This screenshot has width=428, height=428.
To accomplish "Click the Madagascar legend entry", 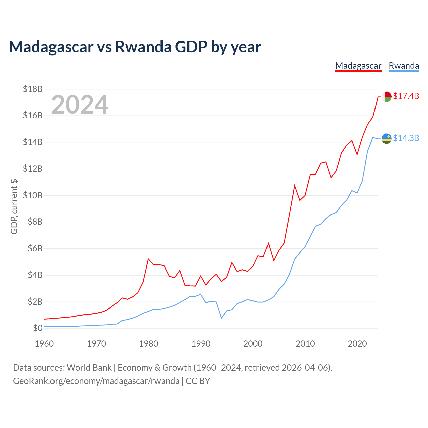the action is pos(358,66).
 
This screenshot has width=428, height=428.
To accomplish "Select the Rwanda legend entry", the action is pos(404,66).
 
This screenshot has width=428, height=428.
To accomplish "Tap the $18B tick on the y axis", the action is pos(33,89).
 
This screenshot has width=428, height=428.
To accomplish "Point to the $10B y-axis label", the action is pos(33,195).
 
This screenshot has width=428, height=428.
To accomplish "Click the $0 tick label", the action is pos(38,328).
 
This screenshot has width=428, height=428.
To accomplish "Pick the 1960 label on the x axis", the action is pos(44,344).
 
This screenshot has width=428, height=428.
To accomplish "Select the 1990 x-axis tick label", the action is pos(201,344).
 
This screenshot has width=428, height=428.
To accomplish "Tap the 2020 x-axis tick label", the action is pos(357,344).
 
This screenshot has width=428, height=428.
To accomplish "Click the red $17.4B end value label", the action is pos(406,96).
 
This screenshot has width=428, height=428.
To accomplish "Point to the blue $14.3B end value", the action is pos(406,138).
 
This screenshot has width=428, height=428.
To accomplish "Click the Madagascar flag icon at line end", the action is pos(386,97).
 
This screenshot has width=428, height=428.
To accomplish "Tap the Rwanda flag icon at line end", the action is pos(386,139).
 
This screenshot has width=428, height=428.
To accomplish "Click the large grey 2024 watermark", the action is pos(80,104).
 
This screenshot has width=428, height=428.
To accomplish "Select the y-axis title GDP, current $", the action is pos(14,207).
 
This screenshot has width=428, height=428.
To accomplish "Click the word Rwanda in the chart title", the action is pos(143,47).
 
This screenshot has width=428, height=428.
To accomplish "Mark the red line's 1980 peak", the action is pos(148,259).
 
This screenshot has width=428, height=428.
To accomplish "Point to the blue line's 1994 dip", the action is pos(221,318).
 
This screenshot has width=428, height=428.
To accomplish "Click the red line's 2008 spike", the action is pos(295,186).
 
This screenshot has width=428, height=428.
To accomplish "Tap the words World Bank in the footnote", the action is pos(89,368).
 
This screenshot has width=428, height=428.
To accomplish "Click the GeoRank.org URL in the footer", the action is pos(96,381).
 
